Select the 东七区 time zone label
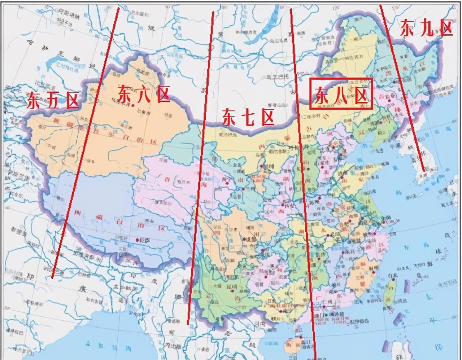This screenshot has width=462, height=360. click(248, 118)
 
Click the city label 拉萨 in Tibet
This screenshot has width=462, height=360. click(144, 240)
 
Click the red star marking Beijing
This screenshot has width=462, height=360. click(334, 148)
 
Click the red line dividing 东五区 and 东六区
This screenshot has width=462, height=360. click(87, 144)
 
